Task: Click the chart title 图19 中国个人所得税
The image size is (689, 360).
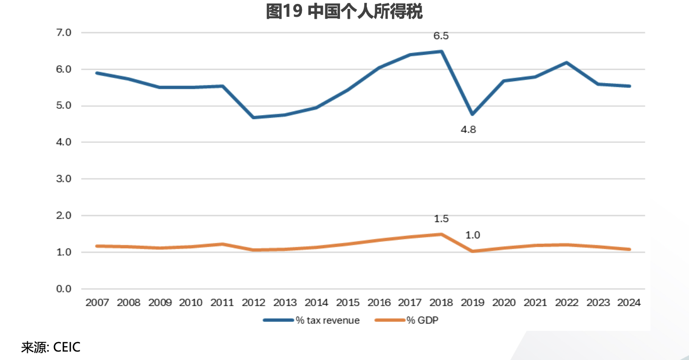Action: click(344, 11)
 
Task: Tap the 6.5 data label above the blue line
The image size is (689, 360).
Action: click(441, 36)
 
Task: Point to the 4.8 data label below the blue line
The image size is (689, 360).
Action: click(468, 130)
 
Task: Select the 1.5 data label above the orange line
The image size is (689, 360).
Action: click(441, 219)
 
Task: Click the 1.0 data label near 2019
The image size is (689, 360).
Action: click(473, 235)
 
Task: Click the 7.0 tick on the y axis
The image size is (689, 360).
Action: click(64, 33)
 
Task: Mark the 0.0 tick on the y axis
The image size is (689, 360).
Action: click(64, 289)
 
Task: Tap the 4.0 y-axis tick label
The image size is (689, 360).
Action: click(64, 142)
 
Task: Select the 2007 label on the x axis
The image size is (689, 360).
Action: click(97, 303)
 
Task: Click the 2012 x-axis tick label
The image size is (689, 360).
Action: click(254, 303)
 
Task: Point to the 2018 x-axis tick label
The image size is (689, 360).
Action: click(441, 303)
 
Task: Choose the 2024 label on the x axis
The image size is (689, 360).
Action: click(629, 303)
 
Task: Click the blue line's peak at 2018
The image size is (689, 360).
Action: click(441, 51)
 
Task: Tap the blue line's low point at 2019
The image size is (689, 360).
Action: click(473, 114)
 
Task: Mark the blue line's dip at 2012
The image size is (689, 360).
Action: click(254, 117)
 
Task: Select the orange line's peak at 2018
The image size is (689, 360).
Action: click(441, 234)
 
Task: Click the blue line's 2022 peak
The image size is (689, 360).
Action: click(566, 63)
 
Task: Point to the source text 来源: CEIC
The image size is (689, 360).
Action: click(50, 347)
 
